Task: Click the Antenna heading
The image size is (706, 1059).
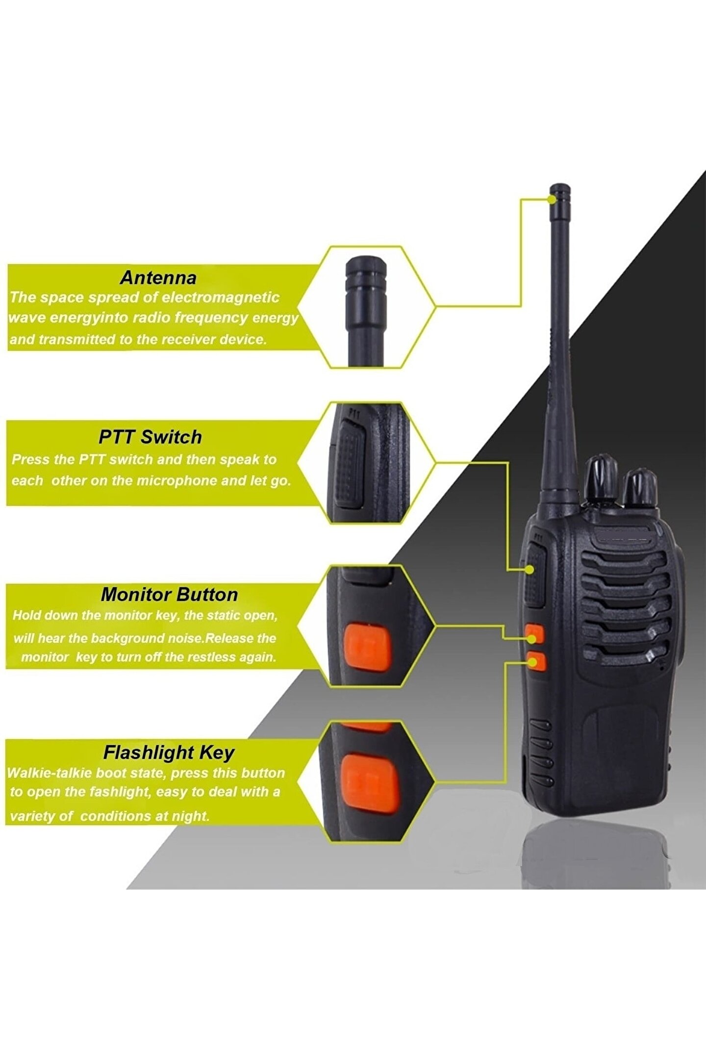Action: (158, 277)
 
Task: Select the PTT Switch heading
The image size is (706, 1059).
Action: (150, 437)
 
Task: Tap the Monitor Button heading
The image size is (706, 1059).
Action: (169, 594)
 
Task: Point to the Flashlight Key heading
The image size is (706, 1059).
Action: (169, 753)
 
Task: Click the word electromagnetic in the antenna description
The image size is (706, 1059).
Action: (220, 297)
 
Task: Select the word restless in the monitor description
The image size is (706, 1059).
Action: (213, 657)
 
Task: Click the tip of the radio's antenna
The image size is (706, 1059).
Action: (560, 188)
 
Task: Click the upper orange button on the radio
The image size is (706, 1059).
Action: (534, 633)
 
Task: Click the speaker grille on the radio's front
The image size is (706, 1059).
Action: (625, 603)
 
